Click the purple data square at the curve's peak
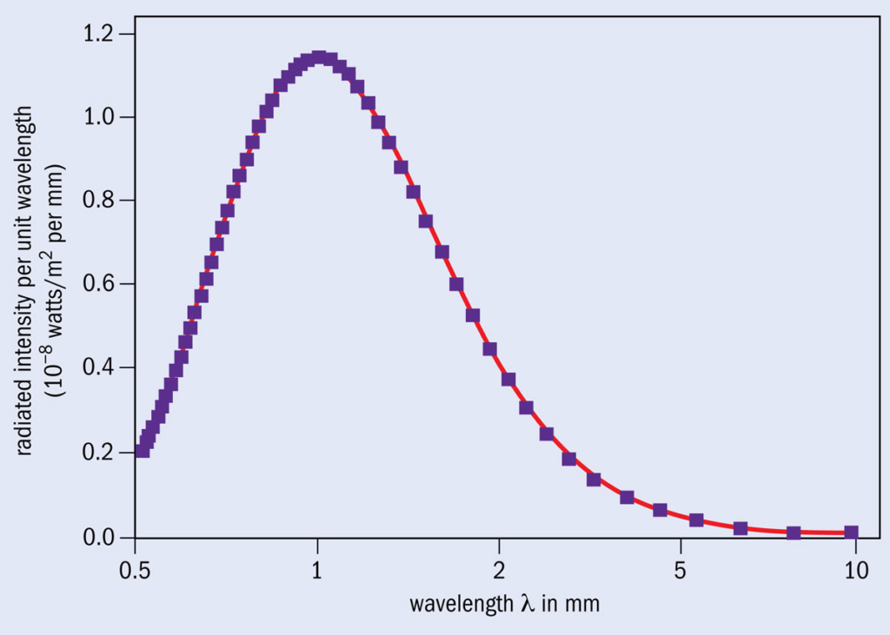319,58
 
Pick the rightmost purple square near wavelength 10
851,532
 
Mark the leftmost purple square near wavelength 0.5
143,450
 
